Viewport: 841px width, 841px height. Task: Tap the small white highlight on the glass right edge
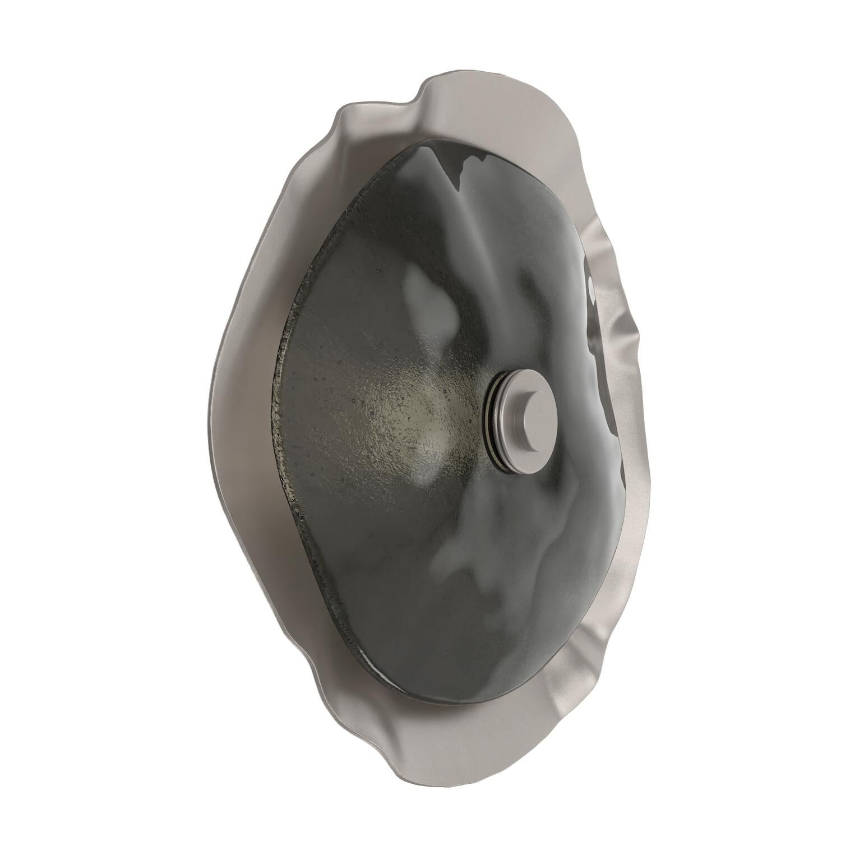(593, 287)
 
